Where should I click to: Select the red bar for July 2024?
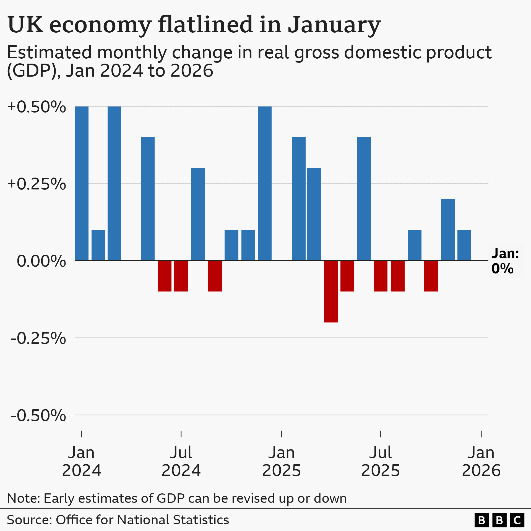tap(181, 276)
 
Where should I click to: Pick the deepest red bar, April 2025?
tap(331, 291)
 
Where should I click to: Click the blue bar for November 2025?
tap(448, 230)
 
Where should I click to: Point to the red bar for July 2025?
tap(381, 276)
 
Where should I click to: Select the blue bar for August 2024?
tap(198, 214)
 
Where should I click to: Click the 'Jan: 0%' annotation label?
tap(505, 261)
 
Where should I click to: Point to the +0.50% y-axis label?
tap(37, 107)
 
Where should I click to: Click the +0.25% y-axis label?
tap(37, 184)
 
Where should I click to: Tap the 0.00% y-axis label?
tap(41, 261)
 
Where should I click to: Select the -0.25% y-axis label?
tap(38, 338)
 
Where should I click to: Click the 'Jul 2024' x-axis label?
tap(181, 461)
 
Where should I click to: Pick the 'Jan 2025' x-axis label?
tap(282, 461)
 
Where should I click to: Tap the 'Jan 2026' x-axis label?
tap(481, 461)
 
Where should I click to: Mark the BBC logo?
tap(499, 520)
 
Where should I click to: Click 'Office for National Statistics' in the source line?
tap(142, 520)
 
